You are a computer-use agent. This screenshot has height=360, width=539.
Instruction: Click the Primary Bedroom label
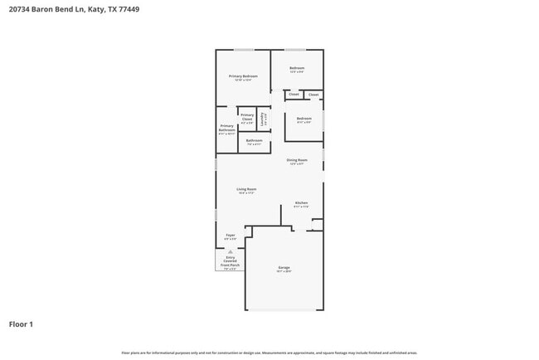(x=243, y=76)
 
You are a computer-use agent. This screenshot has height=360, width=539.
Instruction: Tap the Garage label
(x=284, y=268)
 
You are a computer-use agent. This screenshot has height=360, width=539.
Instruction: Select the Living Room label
(x=247, y=190)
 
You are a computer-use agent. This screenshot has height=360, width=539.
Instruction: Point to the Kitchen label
(x=301, y=203)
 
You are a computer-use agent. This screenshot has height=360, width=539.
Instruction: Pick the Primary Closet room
(x=247, y=117)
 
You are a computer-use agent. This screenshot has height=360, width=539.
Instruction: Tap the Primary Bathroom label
(x=226, y=129)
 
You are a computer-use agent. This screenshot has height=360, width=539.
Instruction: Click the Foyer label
(x=231, y=236)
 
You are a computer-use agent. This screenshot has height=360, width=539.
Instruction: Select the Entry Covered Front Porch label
(x=230, y=262)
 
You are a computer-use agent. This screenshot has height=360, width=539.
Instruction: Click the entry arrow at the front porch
(x=230, y=251)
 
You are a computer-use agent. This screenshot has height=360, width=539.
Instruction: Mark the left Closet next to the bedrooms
(x=294, y=95)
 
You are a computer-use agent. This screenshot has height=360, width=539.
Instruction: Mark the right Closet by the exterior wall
(x=313, y=95)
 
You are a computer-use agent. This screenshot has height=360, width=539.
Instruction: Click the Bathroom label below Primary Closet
(x=254, y=141)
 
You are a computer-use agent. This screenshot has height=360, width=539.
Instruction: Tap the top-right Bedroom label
(x=297, y=69)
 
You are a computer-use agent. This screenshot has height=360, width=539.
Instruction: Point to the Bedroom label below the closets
(x=303, y=119)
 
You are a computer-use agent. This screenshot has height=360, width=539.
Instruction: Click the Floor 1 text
(x=21, y=324)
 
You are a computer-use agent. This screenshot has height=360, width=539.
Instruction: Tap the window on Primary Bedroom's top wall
(x=243, y=50)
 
